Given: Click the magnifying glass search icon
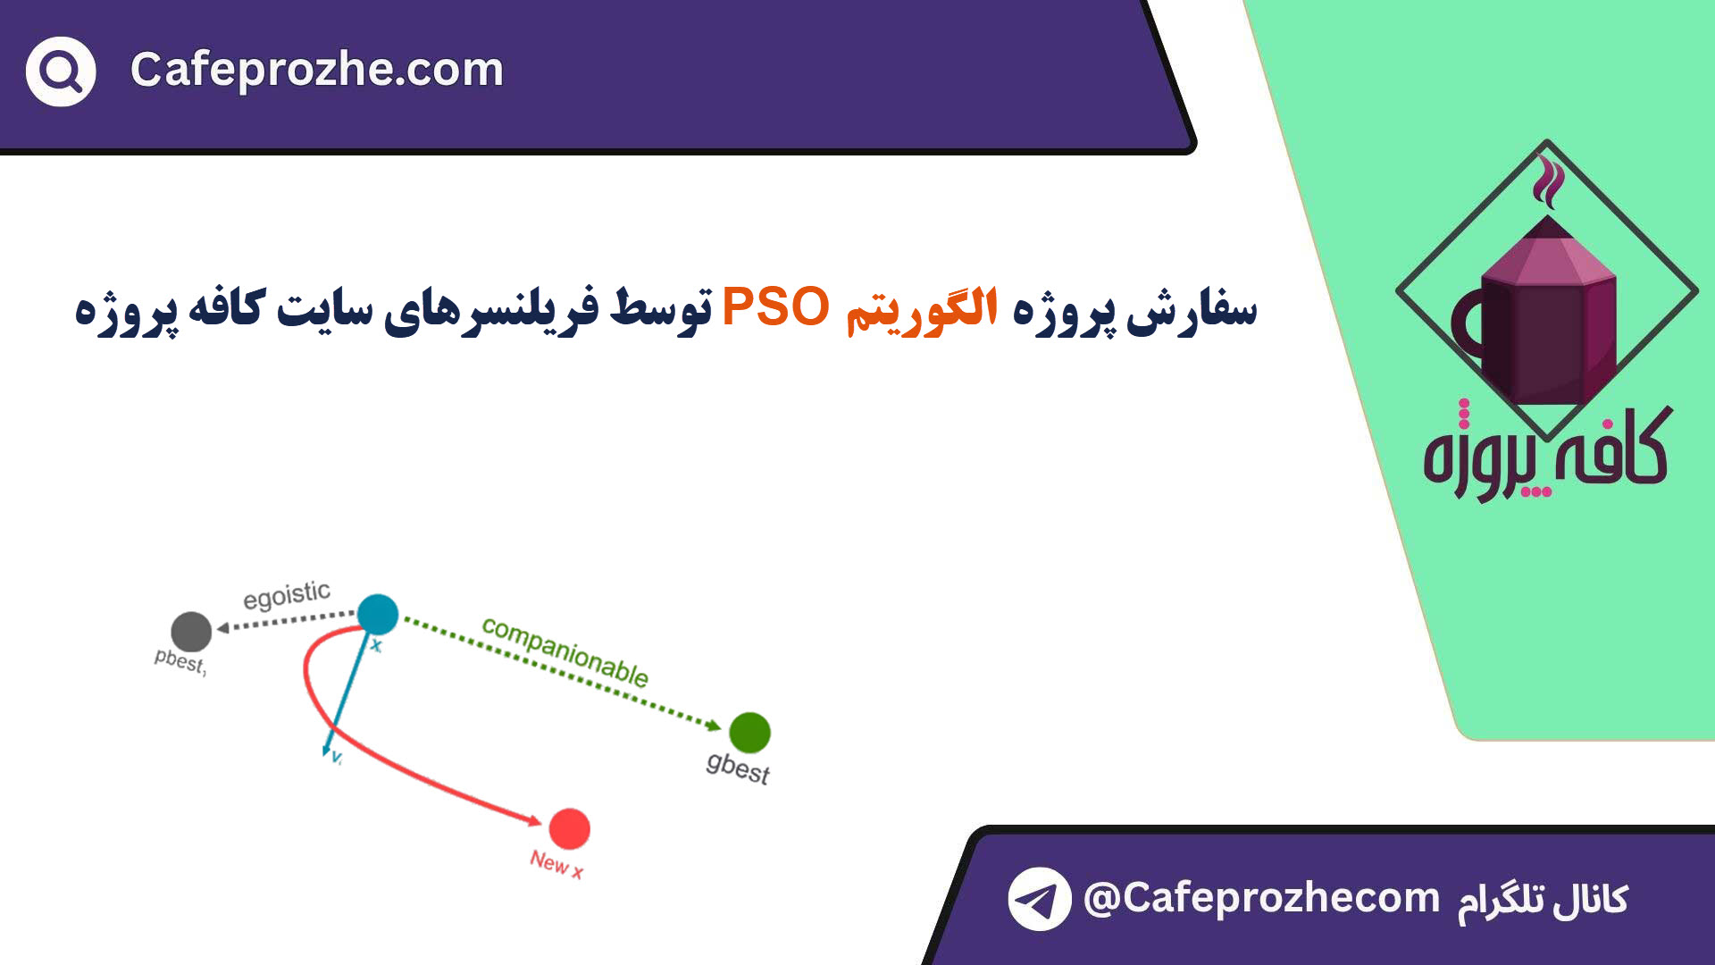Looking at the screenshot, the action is [61, 71].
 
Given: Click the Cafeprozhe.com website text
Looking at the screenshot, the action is [317, 70].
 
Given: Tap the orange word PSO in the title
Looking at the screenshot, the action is [775, 306].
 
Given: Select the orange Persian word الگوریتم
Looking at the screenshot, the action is [921, 310].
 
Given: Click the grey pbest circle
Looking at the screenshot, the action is [190, 632].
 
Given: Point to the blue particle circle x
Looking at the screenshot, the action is [378, 614].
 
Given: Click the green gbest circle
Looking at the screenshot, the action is [749, 733].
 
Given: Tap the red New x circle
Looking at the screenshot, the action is [569, 829].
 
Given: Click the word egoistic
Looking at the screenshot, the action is [287, 595].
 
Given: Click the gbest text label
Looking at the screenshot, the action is [738, 768].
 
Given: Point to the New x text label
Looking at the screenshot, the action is [556, 864].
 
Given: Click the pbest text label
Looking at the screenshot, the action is [180, 661].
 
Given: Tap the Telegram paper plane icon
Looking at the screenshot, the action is [1040, 899].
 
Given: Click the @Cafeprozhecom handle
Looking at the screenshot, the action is [1261, 898].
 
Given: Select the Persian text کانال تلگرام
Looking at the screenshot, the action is [1543, 900].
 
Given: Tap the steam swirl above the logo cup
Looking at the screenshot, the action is [1548, 180].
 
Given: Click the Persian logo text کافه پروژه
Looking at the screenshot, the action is [1546, 451].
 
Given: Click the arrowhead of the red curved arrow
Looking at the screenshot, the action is [535, 820].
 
